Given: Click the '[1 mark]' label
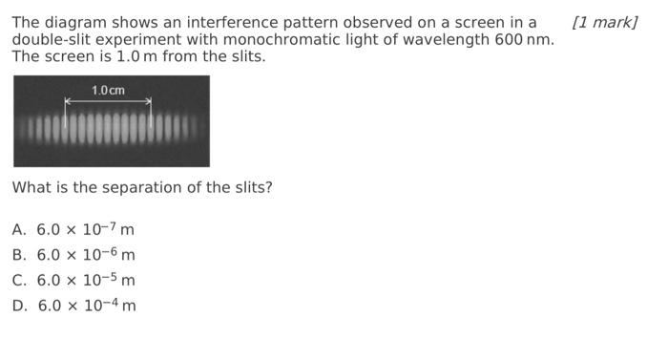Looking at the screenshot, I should (604, 22).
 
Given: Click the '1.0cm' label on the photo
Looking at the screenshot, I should (108, 91).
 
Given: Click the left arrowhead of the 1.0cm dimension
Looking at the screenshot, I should (67, 101).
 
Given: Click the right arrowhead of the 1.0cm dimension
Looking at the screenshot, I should (149, 101).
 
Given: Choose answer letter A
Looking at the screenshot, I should (19, 230).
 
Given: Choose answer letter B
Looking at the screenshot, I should (19, 255).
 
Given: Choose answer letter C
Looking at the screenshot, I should (19, 281).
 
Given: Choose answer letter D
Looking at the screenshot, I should (19, 306).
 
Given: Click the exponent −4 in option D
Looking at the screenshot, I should (111, 302).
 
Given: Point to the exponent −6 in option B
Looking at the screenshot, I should (110, 251).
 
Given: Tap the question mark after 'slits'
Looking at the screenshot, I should (268, 188).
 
